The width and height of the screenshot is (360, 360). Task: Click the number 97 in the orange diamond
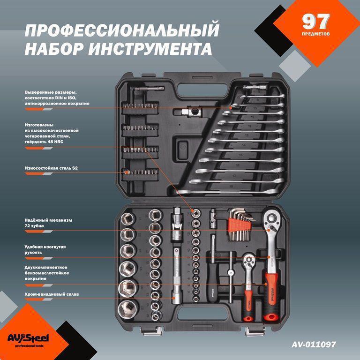point(316,22)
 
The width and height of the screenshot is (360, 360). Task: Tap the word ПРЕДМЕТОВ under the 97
point(316,34)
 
